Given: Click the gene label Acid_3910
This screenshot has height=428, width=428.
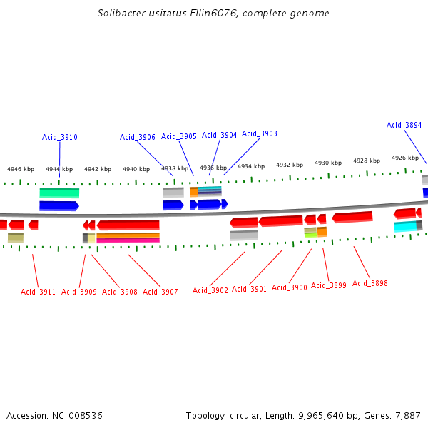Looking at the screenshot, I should [x=60, y=137].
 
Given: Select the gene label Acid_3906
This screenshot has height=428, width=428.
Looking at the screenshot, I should [x=138, y=137].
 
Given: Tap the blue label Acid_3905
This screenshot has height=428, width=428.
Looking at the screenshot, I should [x=179, y=136].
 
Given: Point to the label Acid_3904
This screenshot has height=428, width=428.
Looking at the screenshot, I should [x=220, y=135].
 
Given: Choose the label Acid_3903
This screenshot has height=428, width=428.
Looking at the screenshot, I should [x=260, y=133].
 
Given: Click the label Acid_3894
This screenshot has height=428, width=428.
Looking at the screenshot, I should [x=404, y=125].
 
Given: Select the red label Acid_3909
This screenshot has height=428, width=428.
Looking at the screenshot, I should [x=79, y=292].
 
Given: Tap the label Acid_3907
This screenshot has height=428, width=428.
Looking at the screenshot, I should [x=160, y=292].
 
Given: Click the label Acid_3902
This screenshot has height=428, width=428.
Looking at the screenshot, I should [x=210, y=290].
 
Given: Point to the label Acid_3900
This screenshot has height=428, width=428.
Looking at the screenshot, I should [x=290, y=287].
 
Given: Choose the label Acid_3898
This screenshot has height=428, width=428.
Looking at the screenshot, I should [x=370, y=283].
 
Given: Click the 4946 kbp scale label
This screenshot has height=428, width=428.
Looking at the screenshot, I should [x=21, y=170].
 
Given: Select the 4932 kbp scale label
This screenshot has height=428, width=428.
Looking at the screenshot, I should [x=290, y=165].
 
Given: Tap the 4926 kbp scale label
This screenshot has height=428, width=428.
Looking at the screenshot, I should [x=404, y=158].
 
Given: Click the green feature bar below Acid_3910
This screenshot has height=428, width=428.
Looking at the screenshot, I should [x=59, y=193].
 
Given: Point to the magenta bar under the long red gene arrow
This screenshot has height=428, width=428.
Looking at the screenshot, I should [x=128, y=240].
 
